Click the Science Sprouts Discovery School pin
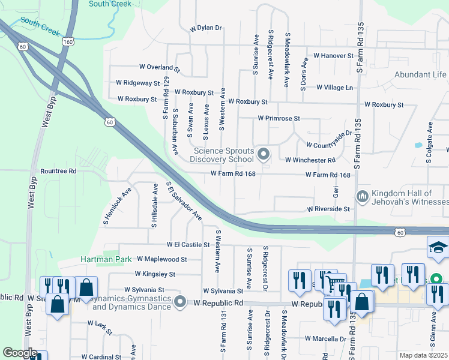point(263,155)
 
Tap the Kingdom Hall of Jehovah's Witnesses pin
point(362,197)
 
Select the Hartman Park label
point(106,260)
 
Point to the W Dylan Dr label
point(206,28)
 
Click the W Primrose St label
point(279,119)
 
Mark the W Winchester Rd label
point(310,160)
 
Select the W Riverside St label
point(328,209)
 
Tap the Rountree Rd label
point(58,171)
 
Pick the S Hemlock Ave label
point(116,208)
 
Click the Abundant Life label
point(420,75)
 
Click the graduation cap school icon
point(438,248)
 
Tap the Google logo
point(20,353)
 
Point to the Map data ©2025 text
point(423,355)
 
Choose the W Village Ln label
point(334,88)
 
